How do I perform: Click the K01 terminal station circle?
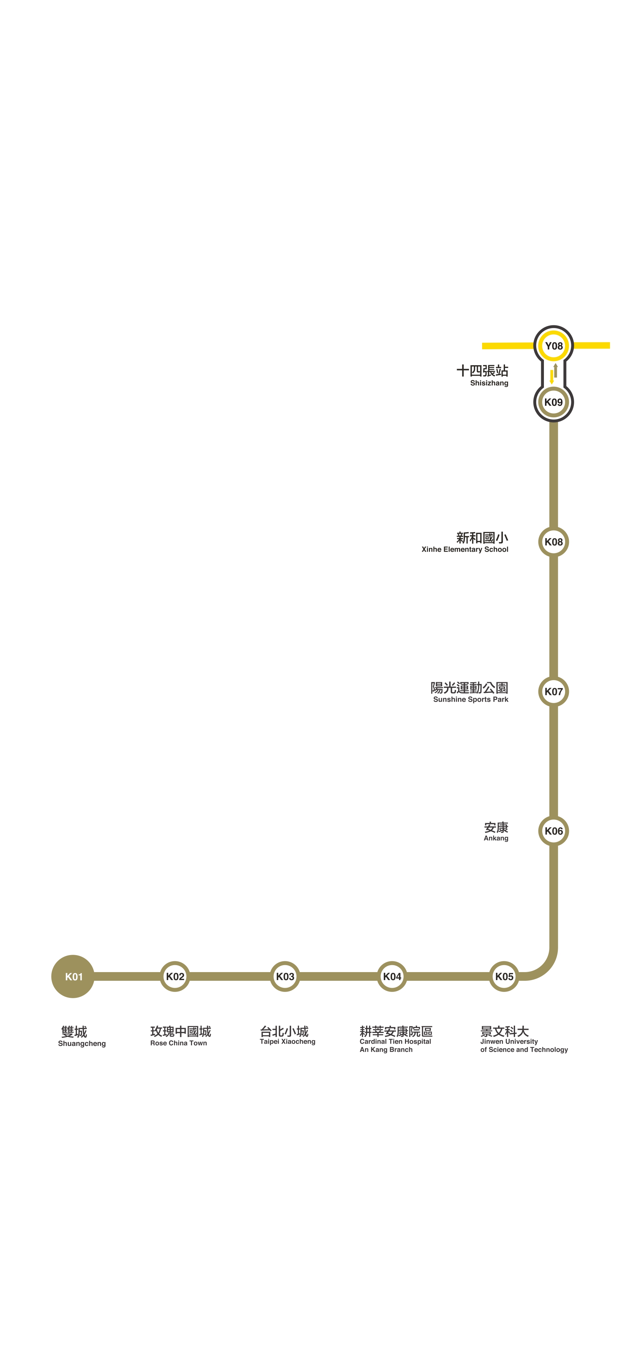[73, 976]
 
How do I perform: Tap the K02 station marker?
[175, 976]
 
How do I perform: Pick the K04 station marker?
[392, 976]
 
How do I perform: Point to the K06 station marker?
[553, 830]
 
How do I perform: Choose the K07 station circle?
[553, 691]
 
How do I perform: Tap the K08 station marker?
[553, 541]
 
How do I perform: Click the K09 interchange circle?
[553, 402]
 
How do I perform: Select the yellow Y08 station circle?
[553, 346]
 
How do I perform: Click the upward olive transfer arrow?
[555, 370]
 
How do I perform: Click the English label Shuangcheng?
[82, 1043]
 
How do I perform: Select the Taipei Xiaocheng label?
[287, 1041]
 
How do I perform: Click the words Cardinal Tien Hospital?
[395, 1041]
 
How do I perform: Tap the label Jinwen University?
[509, 1041]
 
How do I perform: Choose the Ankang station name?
[496, 838]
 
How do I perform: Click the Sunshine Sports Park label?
[470, 699]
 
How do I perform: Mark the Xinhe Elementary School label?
[464, 549]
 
